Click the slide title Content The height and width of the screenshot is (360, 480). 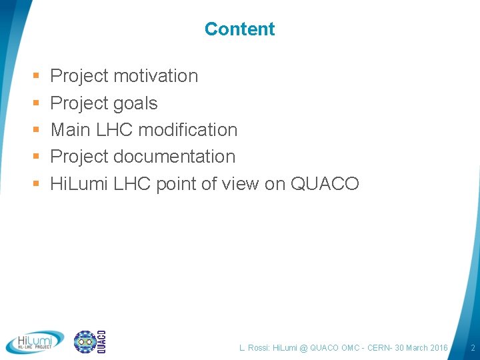click(239, 29)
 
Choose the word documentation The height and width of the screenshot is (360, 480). click(174, 157)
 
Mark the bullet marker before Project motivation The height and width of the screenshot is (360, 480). click(35, 77)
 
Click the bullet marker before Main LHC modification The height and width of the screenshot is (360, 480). click(35, 130)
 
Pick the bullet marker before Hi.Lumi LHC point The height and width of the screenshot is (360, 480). click(35, 184)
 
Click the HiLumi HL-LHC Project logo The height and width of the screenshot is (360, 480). click(35, 342)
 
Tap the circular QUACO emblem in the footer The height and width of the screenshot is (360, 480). click(85, 342)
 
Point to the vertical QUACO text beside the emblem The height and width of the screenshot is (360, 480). click(102, 342)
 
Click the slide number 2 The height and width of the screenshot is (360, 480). click(472, 348)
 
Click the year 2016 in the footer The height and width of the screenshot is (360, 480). click(437, 348)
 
